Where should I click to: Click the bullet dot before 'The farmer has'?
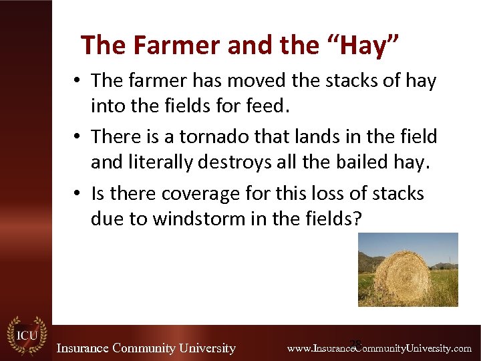[x=79, y=82]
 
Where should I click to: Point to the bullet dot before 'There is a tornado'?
[x=79, y=138]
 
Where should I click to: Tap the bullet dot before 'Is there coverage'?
[x=79, y=195]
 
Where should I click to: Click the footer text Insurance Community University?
[x=146, y=348]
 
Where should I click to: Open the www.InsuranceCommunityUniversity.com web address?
[x=379, y=348]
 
